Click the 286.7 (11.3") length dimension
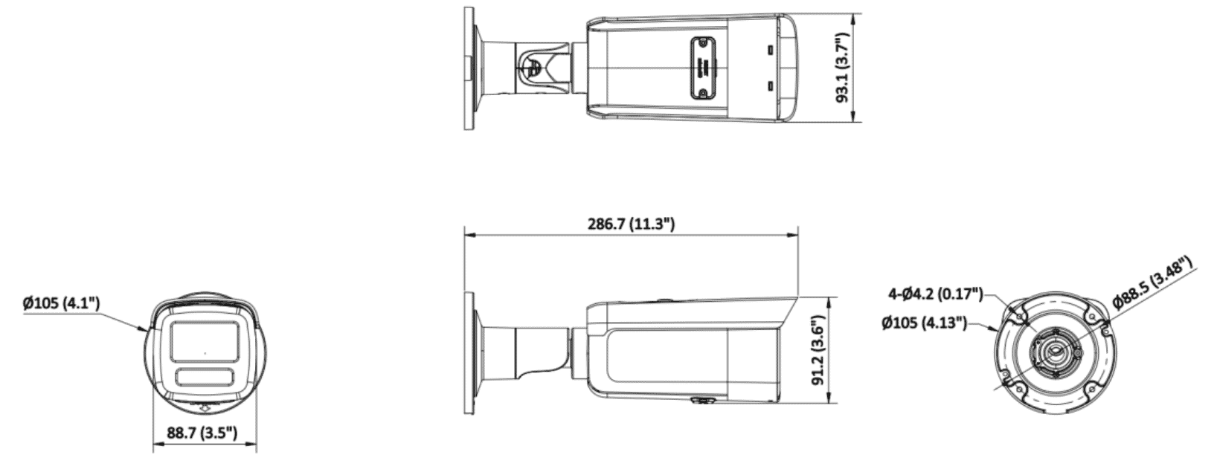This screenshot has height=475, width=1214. (632, 224)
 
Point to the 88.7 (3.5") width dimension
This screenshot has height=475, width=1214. (202, 433)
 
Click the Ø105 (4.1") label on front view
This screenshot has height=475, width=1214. (61, 303)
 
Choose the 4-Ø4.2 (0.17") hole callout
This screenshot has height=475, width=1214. (935, 294)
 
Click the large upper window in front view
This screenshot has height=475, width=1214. (205, 340)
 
